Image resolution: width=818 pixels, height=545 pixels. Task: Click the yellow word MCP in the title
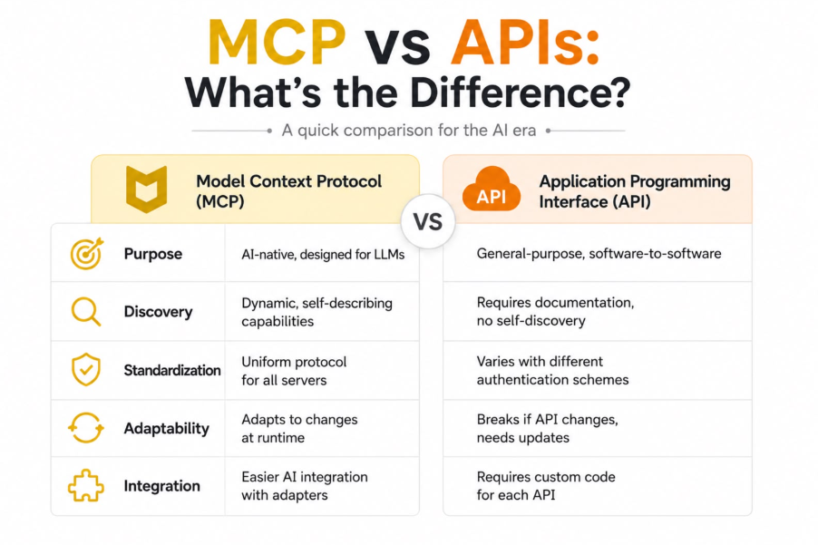(277, 43)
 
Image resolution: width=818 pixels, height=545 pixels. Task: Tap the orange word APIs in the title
(525, 43)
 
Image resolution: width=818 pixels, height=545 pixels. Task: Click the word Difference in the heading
(521, 92)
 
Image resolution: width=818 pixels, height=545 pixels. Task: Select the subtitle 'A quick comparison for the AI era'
(408, 131)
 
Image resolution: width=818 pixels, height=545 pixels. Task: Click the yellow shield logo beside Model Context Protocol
(147, 190)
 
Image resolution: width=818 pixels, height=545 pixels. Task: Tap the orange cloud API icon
(491, 189)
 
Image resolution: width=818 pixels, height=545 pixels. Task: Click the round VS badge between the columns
(428, 221)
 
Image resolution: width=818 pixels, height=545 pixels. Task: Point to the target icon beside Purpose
(86, 254)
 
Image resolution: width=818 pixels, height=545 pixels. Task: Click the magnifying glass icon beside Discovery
(85, 311)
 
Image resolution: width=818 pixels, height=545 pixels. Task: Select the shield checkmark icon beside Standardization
(86, 370)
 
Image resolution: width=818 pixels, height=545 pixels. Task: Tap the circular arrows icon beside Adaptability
(86, 428)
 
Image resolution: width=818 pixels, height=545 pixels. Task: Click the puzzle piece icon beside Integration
(86, 485)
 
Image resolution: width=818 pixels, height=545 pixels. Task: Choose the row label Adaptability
(167, 429)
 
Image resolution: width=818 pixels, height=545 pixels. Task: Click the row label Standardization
(172, 370)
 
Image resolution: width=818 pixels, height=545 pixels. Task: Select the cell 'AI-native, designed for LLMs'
(323, 255)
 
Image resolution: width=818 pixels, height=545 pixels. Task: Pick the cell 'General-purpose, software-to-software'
(599, 254)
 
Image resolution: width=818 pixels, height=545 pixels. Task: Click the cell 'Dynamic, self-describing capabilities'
(316, 312)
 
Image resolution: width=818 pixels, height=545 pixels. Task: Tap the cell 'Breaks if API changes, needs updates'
(547, 428)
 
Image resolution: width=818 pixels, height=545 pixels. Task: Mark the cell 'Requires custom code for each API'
(546, 485)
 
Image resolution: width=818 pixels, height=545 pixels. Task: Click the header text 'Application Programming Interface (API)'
(635, 191)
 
